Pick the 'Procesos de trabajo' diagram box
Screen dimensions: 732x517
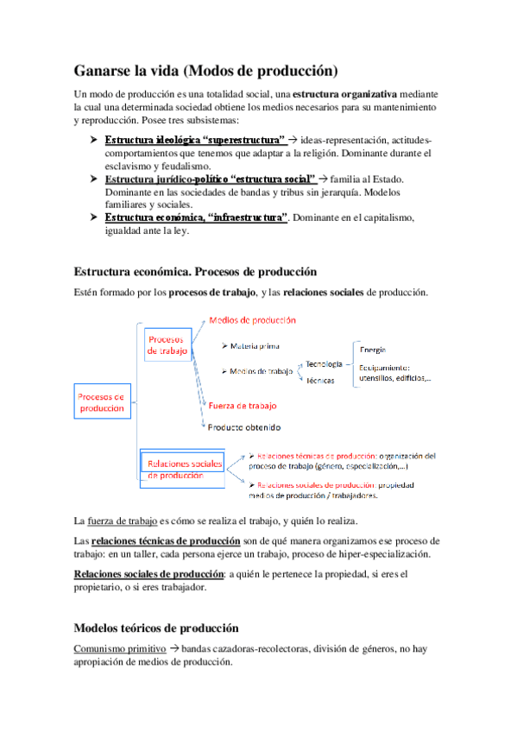[167, 344]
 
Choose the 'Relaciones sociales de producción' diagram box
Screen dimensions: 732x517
[184, 469]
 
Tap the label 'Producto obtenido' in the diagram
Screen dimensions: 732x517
[243, 426]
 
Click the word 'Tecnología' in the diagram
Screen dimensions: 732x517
[324, 363]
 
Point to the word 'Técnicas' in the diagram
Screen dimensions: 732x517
[320, 380]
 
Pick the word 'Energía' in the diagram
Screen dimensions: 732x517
[373, 350]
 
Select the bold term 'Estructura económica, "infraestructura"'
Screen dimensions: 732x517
[196, 218]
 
